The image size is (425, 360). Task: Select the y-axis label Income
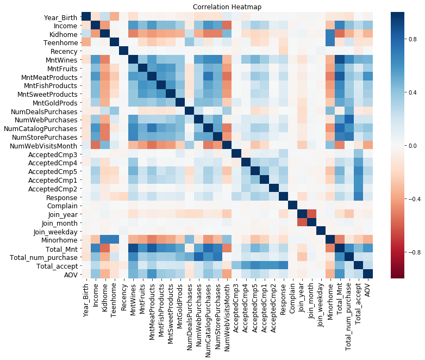pyautogui.click(x=61, y=26)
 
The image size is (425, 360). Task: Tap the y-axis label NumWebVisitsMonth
pyautogui.click(x=38, y=145)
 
